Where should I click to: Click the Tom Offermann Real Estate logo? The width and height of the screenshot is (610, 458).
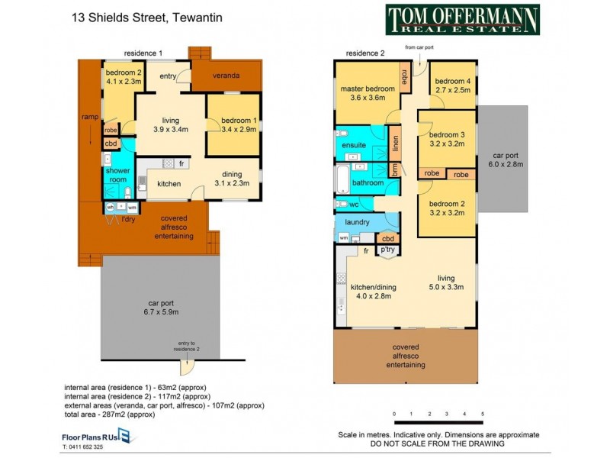pyautogui.click(x=462, y=20)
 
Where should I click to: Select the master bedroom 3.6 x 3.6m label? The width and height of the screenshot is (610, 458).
pyautogui.click(x=368, y=93)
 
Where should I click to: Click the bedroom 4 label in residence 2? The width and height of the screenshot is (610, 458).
pyautogui.click(x=453, y=86)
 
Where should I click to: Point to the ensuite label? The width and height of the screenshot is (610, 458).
pyautogui.click(x=353, y=144)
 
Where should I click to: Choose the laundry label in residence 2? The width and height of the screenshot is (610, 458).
pyautogui.click(x=357, y=222)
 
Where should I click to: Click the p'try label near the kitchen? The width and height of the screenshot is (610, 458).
pyautogui.click(x=387, y=250)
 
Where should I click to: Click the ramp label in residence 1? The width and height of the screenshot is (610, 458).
pyautogui.click(x=89, y=118)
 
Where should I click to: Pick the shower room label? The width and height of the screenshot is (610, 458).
pyautogui.click(x=118, y=176)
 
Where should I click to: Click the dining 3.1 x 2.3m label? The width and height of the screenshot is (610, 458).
pyautogui.click(x=232, y=179)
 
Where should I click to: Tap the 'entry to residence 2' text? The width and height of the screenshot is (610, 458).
pyautogui.click(x=187, y=346)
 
